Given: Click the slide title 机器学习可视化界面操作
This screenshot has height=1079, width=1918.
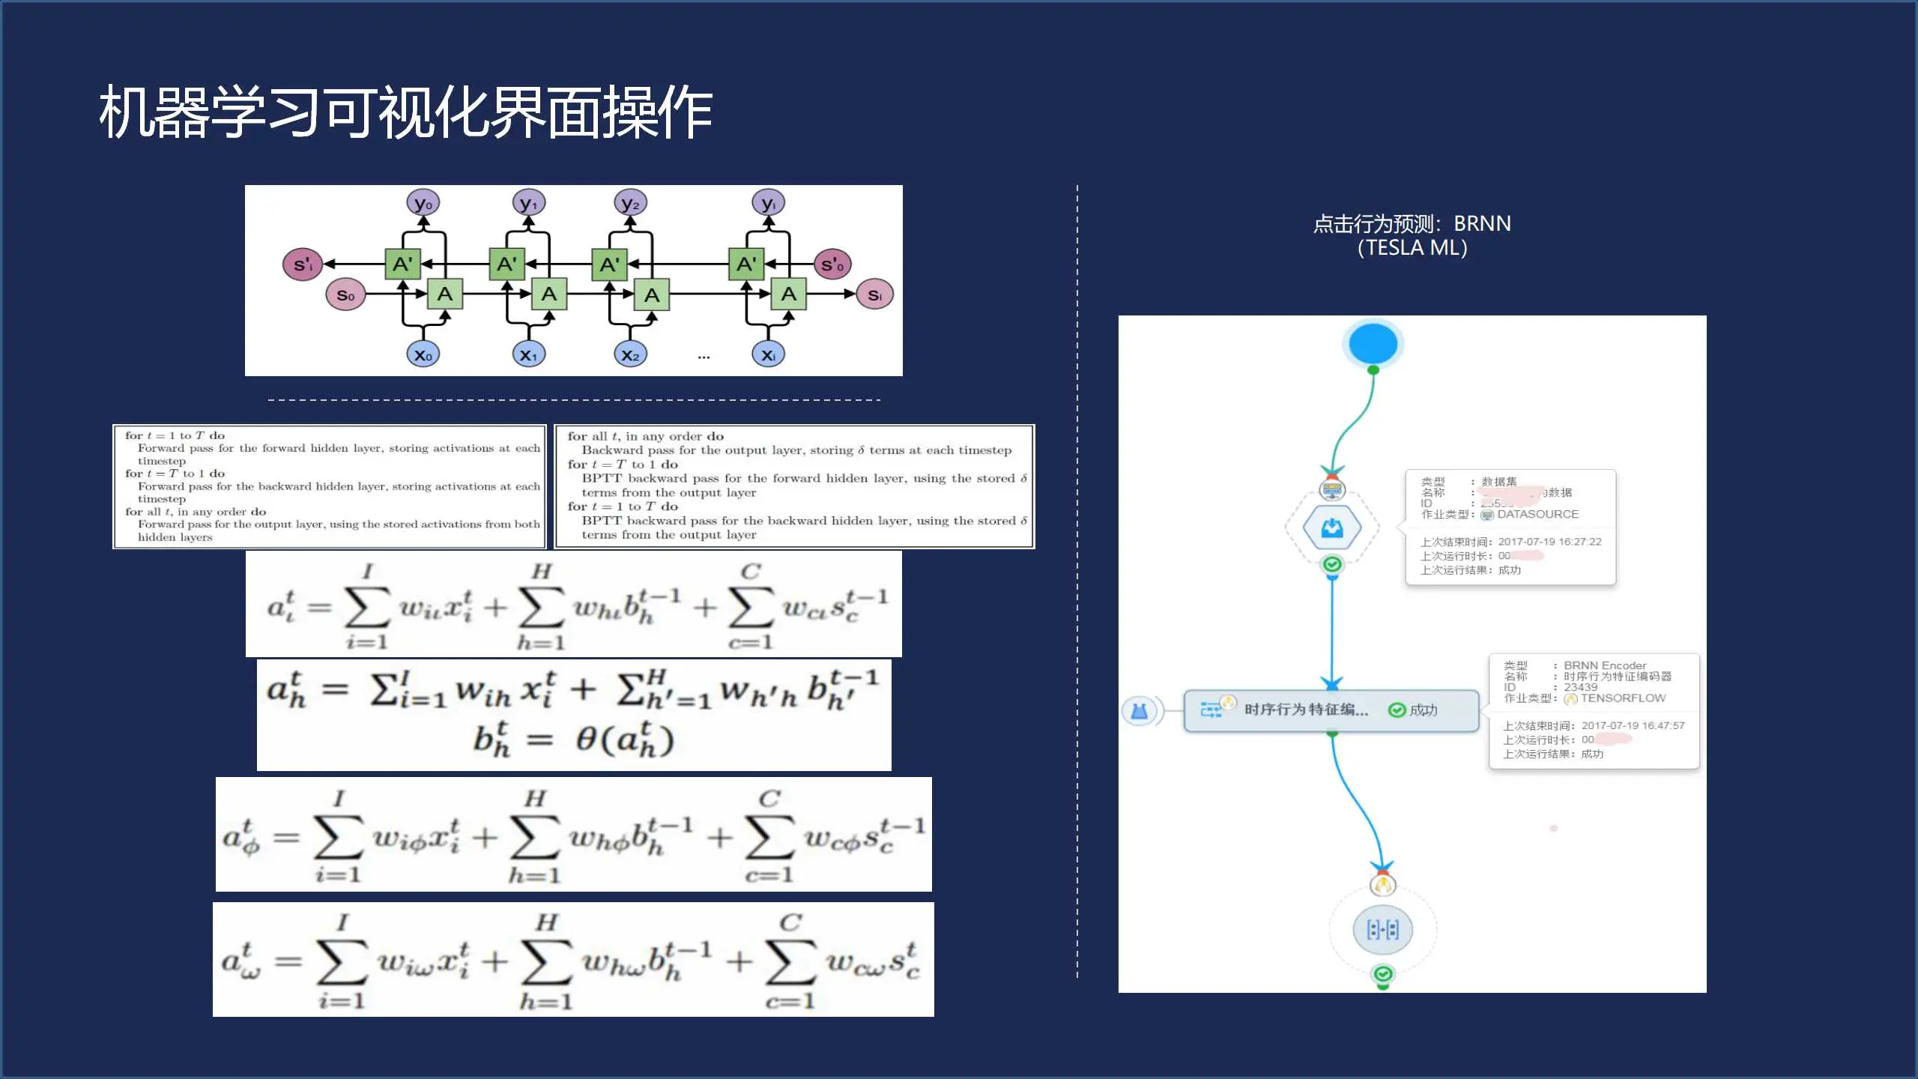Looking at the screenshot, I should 405,112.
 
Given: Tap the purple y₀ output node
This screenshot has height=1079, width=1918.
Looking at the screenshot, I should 423,203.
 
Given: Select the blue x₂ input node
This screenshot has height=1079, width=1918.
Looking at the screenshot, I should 630,354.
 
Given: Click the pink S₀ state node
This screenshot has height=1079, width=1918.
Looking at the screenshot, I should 345,294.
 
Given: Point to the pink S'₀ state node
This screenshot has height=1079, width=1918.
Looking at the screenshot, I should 832,264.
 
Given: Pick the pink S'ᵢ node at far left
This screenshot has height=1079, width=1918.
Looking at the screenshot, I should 303,264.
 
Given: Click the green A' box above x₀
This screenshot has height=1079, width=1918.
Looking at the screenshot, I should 402,264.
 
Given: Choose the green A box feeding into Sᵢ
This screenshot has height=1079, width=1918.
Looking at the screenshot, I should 788,294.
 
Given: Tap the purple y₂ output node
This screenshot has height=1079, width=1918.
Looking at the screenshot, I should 630,203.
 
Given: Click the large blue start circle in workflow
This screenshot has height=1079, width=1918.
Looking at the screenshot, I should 1373,344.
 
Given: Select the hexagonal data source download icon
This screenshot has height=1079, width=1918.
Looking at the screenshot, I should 1332,528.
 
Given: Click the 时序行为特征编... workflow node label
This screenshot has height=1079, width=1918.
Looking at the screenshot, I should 1306,710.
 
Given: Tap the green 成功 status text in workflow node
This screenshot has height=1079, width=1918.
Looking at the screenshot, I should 1423,710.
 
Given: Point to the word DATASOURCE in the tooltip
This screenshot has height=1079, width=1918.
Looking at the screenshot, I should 1537,514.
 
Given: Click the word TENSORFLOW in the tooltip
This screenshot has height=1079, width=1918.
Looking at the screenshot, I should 1623,698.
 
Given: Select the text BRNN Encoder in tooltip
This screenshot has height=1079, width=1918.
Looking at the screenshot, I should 1605,665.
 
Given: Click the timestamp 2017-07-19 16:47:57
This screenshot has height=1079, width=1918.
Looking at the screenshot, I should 1633,725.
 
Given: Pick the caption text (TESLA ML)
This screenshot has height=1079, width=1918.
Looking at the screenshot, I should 1412,248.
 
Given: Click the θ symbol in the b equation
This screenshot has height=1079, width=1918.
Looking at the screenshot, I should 586,740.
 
